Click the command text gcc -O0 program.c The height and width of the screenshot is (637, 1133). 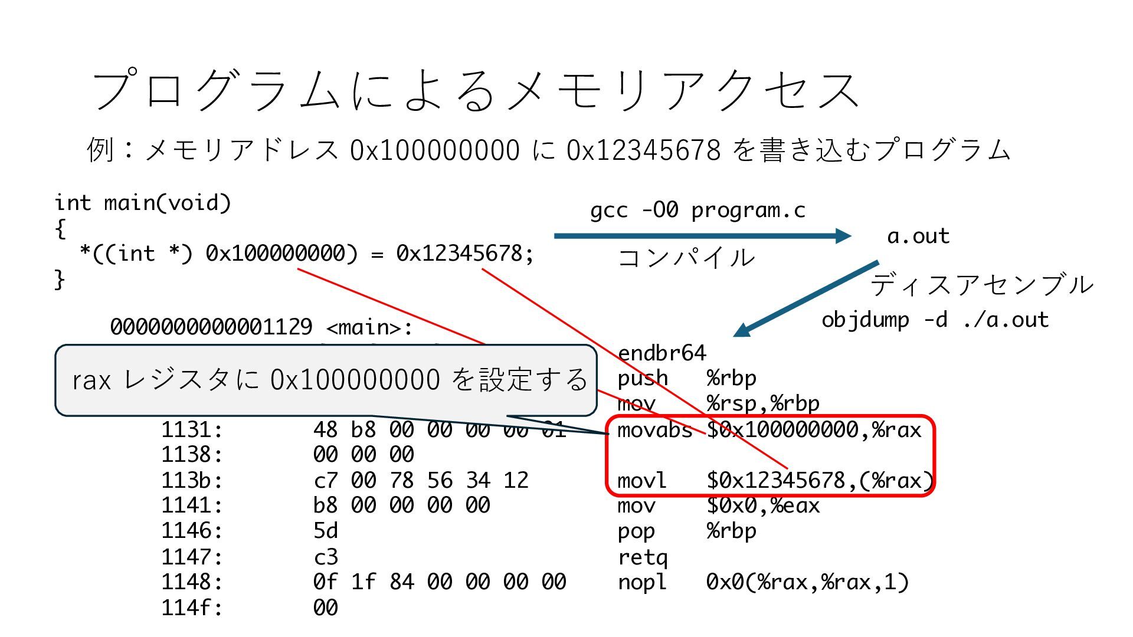point(698,210)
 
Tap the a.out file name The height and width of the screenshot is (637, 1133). point(918,236)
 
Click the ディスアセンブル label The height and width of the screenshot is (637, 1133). point(981,285)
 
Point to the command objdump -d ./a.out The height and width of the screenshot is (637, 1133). point(935,320)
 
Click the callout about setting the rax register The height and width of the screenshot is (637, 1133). point(326,380)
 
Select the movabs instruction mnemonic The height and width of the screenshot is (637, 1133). point(654,430)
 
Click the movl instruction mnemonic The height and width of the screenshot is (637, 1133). point(641,481)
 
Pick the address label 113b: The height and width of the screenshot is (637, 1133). point(192,481)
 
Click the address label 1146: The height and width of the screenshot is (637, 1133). point(192,531)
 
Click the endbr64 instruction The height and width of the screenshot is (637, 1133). point(662,353)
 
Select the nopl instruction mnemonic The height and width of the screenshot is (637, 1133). point(641,583)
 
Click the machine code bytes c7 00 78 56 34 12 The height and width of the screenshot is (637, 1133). point(421,481)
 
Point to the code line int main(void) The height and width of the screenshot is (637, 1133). point(143,203)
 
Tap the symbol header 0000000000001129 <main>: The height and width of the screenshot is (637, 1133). point(262,327)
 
